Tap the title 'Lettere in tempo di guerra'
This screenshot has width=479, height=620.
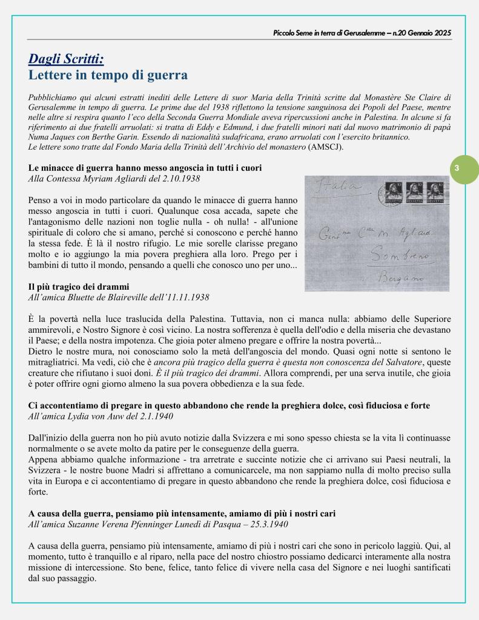tap(108, 75)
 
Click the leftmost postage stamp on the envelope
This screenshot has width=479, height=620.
tap(394, 192)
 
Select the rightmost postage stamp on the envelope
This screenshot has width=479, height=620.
tap(438, 192)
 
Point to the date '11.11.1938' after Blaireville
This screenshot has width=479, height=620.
tap(188, 297)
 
